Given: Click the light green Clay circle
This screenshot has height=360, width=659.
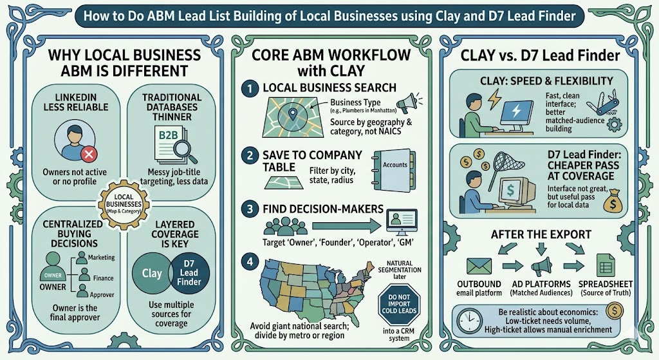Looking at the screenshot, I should click(x=152, y=273).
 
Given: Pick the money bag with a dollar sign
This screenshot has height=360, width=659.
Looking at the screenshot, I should click(x=611, y=203).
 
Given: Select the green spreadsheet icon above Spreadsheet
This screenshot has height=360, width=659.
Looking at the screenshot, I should click(x=603, y=265).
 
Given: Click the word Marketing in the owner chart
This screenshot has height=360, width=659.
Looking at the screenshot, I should click(x=102, y=258).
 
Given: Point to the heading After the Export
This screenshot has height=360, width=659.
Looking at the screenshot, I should click(x=541, y=235).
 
